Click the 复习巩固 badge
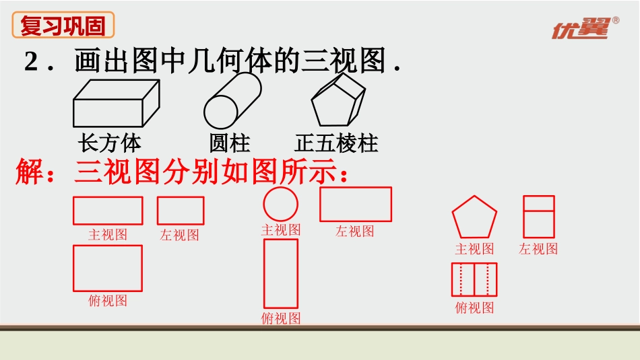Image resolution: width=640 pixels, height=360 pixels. [63, 26]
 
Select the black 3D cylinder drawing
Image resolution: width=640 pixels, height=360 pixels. [232, 100]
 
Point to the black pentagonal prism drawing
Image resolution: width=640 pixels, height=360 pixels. [338, 101]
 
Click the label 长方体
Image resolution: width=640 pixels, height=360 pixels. [110, 143]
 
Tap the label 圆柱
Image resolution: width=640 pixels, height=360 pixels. [230, 143]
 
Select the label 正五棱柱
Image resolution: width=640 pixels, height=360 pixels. [336, 143]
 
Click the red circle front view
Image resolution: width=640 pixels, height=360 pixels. [280, 204]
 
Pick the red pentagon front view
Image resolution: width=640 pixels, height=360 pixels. [474, 218]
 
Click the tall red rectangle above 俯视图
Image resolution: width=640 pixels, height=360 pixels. [280, 273]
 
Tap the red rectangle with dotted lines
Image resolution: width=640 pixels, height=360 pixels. [474, 279]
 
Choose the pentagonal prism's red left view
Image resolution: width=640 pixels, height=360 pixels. [539, 217]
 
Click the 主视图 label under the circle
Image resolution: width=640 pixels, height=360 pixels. [281, 230]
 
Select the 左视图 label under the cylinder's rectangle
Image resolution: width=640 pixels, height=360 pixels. [355, 231]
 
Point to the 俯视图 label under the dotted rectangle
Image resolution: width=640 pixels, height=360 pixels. [474, 308]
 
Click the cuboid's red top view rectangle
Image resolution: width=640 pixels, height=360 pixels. [108, 268]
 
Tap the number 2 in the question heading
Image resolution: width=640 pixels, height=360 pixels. [32, 62]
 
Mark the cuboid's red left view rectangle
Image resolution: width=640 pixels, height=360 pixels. [181, 211]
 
